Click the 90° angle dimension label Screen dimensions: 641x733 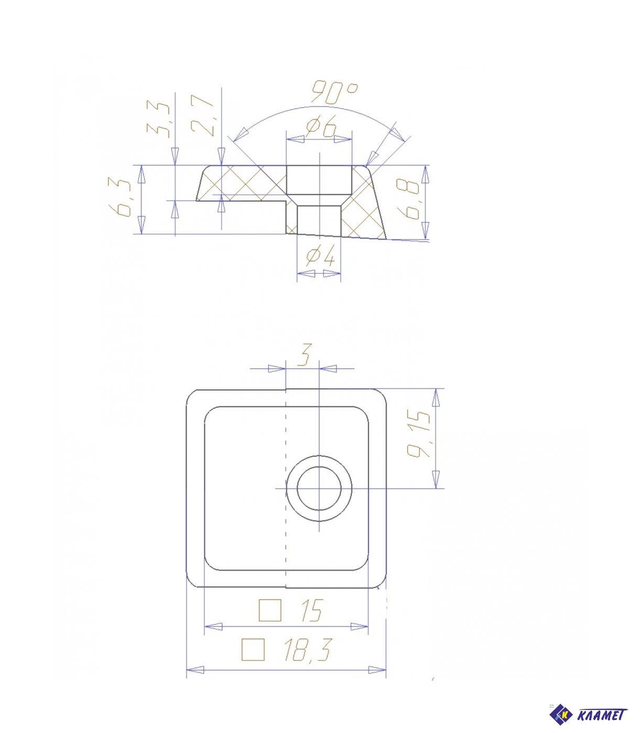coord(334,92)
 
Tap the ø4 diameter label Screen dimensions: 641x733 coord(320,256)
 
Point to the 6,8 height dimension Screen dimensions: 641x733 coord(408,199)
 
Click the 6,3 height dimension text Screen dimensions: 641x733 coord(119,198)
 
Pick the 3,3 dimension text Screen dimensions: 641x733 coord(158,119)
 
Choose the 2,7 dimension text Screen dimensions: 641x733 coord(202,116)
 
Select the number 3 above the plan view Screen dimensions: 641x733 coord(305,354)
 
